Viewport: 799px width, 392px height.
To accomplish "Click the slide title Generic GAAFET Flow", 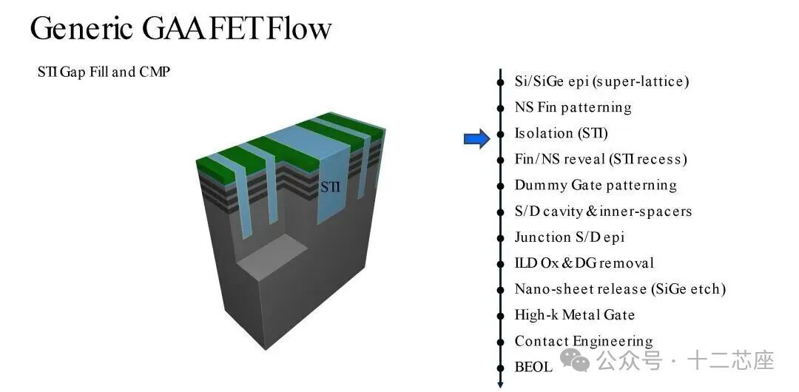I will click(181, 28).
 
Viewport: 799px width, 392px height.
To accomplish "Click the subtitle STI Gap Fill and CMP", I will click(104, 72).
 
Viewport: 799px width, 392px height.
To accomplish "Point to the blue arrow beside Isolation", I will click(476, 138).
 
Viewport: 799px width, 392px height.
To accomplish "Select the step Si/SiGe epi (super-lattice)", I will click(601, 81).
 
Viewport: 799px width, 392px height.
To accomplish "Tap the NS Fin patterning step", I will click(573, 107).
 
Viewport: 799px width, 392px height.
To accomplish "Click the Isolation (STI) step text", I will click(561, 133).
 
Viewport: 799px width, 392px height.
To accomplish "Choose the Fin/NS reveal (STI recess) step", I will click(601, 159).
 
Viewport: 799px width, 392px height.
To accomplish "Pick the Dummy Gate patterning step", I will click(596, 185).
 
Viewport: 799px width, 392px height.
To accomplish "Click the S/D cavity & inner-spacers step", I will click(603, 211).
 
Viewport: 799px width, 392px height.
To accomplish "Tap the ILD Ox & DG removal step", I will click(584, 263).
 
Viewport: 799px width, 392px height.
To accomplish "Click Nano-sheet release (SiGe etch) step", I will click(620, 289).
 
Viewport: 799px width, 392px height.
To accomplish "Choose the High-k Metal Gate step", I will click(575, 315).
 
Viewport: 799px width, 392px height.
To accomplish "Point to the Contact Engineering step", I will click(584, 341).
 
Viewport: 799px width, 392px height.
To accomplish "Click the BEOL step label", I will click(533, 367).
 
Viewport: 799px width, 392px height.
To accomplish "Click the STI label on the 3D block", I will click(330, 187).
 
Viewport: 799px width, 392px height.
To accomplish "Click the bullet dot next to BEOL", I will click(501, 367).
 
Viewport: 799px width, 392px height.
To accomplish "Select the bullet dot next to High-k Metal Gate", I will click(501, 315).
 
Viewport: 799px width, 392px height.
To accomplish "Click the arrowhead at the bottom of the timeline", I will click(501, 383).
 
